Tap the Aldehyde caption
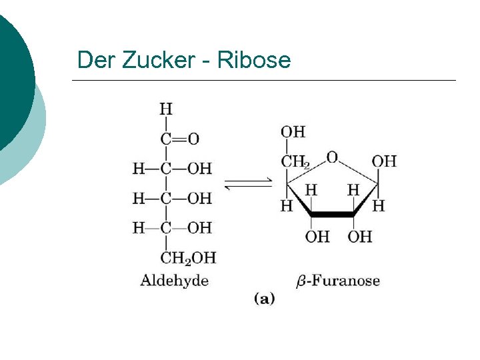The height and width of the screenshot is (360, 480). pos(174,281)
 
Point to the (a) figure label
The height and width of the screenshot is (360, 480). pos(264,299)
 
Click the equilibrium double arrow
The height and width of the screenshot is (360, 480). pos(247,184)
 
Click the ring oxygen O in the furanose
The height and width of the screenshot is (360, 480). pos(332,158)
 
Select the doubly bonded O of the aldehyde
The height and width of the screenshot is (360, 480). pos(193,139)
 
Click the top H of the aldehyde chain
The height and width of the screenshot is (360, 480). pos(165,109)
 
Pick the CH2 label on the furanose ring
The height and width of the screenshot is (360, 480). pos(295,161)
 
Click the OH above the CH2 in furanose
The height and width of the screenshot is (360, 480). pos(293,131)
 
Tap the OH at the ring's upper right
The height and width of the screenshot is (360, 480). pos(384,161)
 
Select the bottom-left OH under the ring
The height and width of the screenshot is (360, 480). pos(317,237)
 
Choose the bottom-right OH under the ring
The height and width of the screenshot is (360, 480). pos(360,237)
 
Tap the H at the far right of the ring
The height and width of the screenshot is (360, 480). pos(379,206)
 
